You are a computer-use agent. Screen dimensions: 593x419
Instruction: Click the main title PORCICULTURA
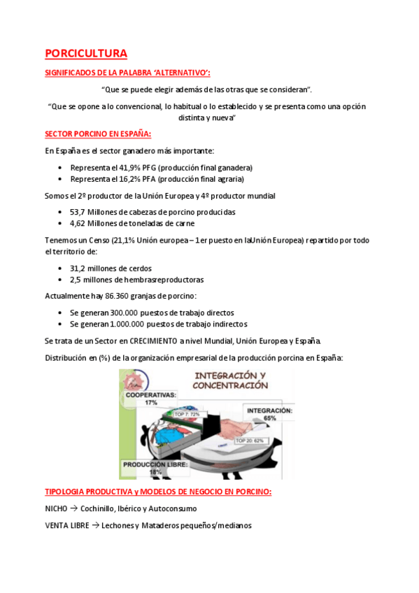[x=86, y=53]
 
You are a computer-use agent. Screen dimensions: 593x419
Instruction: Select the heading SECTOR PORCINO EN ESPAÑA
[x=97, y=134]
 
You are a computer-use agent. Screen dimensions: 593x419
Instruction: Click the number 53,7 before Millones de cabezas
[x=78, y=212]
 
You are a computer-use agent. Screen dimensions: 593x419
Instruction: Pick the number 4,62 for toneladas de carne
[x=78, y=223]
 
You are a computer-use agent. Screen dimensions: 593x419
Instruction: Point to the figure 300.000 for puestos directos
[x=124, y=313]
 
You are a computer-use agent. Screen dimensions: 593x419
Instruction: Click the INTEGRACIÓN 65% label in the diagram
[x=269, y=414]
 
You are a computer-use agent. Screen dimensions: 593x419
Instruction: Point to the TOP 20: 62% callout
[x=249, y=441]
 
